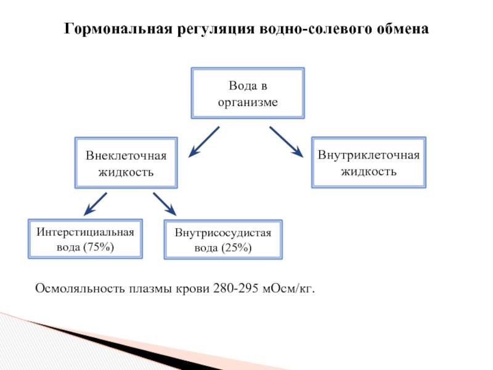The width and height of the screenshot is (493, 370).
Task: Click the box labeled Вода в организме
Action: click(248, 93)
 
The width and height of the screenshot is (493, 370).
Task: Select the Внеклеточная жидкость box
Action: click(126, 163)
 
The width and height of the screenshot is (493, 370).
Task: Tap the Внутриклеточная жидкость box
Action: click(369, 162)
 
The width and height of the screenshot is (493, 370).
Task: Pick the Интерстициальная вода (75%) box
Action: click(85, 239)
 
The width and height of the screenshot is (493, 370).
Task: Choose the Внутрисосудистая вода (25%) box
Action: click(223, 240)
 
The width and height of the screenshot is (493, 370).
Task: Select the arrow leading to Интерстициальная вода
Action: click(96, 203)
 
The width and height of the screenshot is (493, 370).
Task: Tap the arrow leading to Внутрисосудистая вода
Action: click(165, 203)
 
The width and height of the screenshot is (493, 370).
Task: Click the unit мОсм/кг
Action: click(288, 288)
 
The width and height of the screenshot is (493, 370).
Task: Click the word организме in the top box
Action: click(248, 101)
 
